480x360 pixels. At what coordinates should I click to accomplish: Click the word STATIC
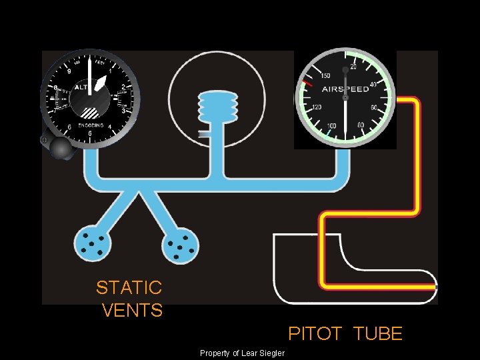[129, 288]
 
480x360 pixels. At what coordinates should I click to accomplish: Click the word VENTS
[133, 311]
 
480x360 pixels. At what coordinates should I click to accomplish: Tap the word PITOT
[314, 333]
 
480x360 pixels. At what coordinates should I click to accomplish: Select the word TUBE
[378, 333]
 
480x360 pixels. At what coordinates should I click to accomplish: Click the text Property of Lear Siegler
[242, 353]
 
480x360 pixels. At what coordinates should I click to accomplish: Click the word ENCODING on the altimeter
[91, 125]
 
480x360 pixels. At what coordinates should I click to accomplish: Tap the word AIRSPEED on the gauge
[345, 89]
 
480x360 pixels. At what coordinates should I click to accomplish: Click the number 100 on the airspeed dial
[331, 126]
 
